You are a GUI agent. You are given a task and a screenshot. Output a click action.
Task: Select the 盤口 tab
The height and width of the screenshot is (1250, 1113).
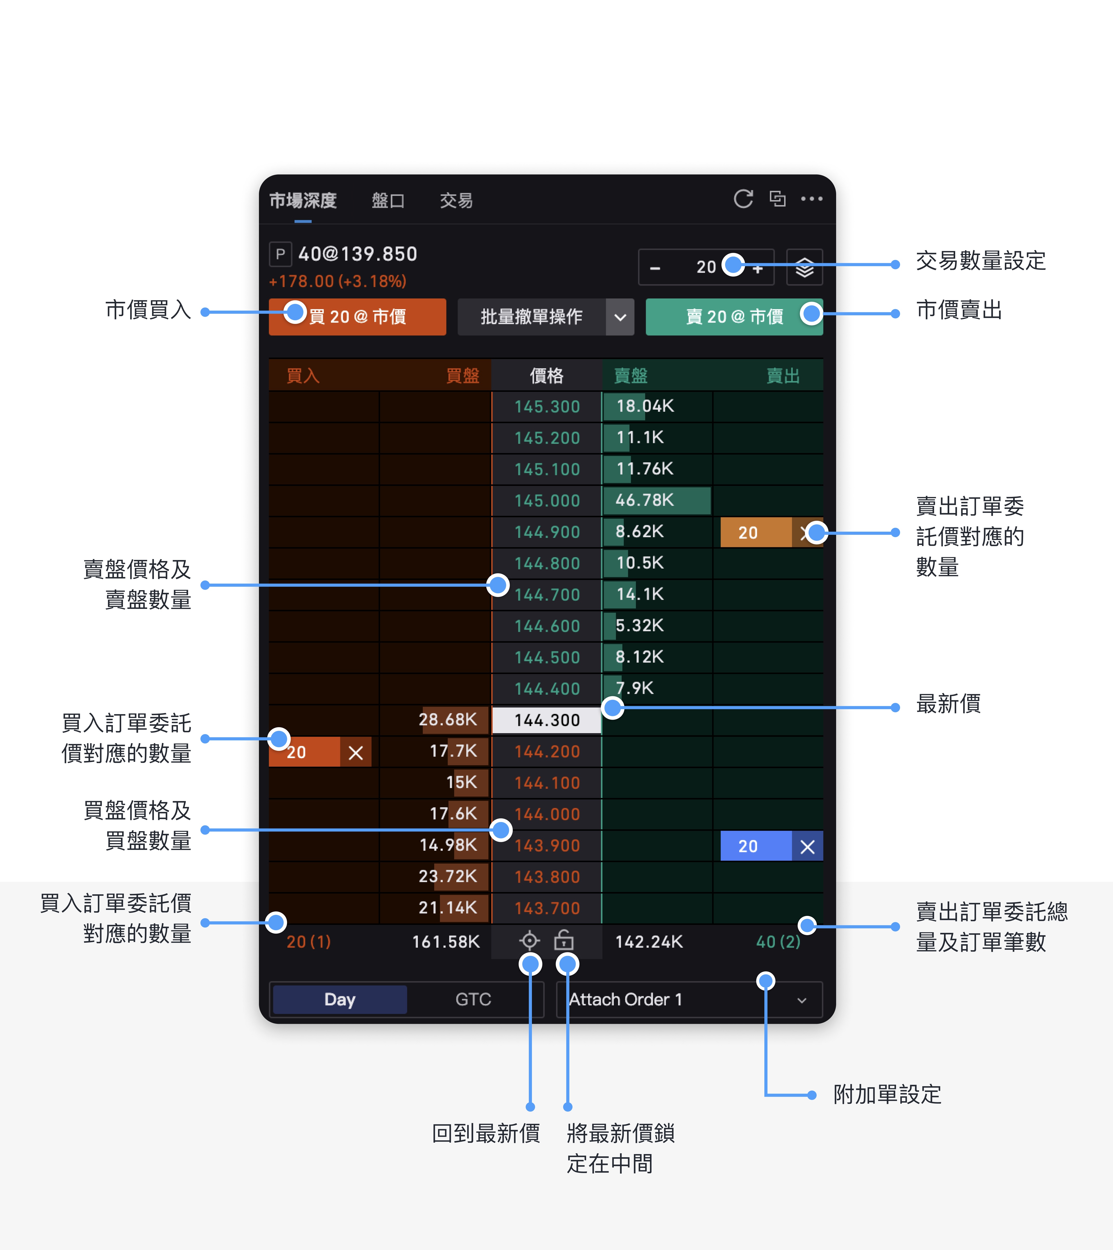point(388,201)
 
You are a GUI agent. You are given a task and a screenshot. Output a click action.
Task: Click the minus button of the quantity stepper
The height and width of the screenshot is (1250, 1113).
point(655,268)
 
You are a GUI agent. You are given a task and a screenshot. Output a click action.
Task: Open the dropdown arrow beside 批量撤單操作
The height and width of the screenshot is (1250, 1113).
point(620,317)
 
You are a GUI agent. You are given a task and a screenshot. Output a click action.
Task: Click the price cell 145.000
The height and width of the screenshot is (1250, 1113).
point(547,501)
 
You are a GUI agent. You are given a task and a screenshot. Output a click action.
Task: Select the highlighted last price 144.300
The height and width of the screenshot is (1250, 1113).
point(547,720)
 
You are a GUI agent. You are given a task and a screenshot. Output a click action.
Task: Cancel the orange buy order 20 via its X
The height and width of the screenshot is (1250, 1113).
point(355,752)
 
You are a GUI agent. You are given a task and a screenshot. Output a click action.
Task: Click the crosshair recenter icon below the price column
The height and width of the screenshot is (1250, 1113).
point(530,941)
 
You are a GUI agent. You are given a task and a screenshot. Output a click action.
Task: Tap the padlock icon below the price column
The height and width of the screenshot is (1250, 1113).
point(564,941)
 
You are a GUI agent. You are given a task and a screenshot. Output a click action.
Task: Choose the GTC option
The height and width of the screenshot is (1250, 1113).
point(473,999)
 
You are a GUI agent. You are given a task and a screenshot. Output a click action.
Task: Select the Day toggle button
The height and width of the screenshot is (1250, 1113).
point(340,999)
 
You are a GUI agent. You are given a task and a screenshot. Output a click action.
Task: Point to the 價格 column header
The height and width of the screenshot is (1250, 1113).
point(547,375)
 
